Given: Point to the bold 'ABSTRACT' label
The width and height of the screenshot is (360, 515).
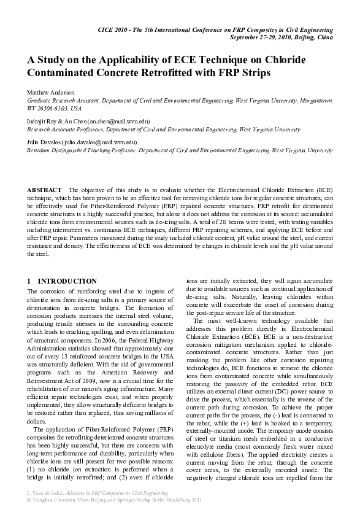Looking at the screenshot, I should [44, 190].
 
